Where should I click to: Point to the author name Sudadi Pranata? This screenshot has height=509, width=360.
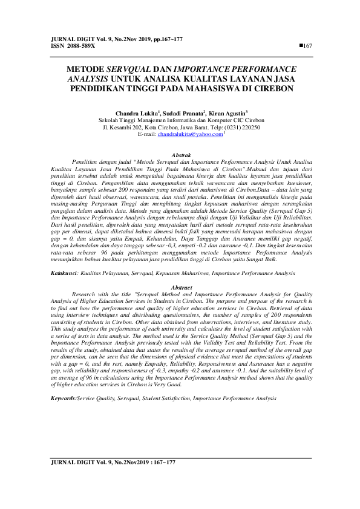click(x=184, y=113)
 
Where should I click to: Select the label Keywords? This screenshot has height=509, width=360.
click(x=64, y=382)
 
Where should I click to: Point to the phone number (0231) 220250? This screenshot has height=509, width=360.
click(x=241, y=128)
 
